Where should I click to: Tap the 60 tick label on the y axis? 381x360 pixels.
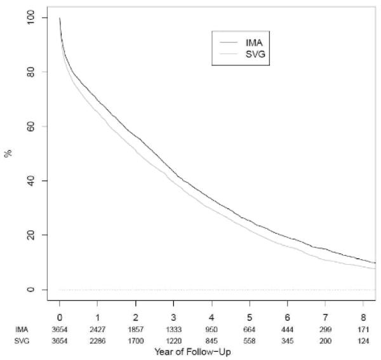coord(41,126)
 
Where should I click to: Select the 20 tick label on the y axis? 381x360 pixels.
coord(41,235)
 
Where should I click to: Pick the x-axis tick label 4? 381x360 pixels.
coord(212,317)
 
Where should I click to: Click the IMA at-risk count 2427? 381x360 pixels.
coord(97,330)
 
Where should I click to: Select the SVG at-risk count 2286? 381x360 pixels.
coord(97,342)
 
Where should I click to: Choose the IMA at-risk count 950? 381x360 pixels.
coord(212,330)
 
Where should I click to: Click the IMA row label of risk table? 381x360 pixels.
coord(22,330)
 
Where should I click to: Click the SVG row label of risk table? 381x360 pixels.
coord(22,342)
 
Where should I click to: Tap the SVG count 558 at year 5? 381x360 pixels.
coord(250,342)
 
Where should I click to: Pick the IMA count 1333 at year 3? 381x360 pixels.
coord(173,330)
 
